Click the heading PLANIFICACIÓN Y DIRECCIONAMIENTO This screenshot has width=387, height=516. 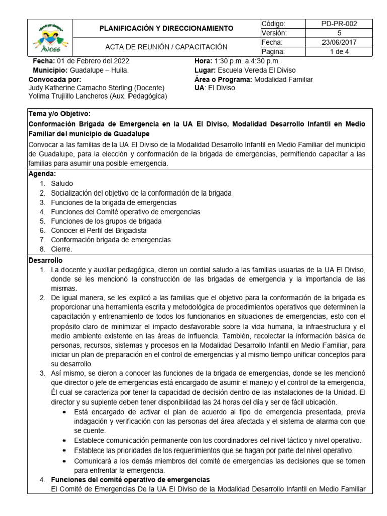(166, 28)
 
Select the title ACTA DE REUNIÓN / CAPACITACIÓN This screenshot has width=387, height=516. (166, 47)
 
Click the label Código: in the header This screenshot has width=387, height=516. (274, 24)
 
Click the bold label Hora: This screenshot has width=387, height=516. (203, 61)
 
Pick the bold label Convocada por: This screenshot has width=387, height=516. (55, 79)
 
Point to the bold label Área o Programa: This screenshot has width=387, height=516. (223, 79)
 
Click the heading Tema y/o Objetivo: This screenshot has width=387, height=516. (60, 114)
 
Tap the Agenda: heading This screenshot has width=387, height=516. (42, 174)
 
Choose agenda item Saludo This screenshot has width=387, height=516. (62, 183)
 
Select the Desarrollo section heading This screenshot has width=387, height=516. (46, 261)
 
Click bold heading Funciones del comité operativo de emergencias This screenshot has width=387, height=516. (131, 479)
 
